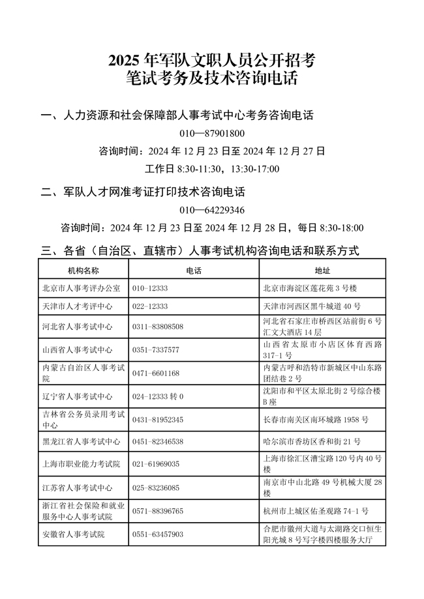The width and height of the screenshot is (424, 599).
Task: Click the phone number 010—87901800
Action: pos(211,134)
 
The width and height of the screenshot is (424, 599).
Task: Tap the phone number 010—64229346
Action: pos(211,210)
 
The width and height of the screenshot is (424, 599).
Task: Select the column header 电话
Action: pos(194,270)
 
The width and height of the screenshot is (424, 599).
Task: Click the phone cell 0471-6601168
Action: pos(156,373)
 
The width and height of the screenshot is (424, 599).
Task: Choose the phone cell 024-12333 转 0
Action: pos(158,396)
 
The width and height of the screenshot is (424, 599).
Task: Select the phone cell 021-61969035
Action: pos(156,464)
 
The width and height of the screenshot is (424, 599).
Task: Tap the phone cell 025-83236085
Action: pos(156,488)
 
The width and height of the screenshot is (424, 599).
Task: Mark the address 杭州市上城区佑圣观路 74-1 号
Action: pos(315,510)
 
